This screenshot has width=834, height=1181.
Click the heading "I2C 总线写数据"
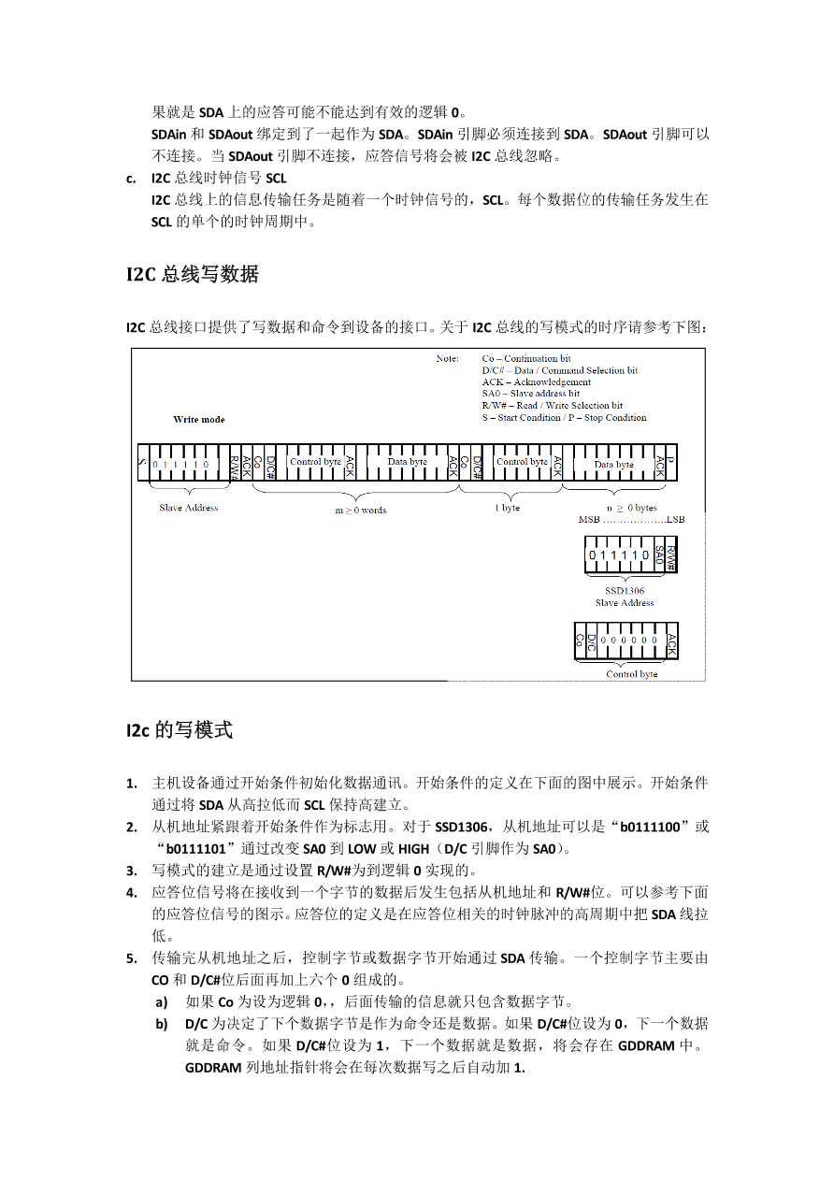(x=193, y=274)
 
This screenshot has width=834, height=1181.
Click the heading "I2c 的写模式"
(x=179, y=730)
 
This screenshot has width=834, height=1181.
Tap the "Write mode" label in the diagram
(x=199, y=419)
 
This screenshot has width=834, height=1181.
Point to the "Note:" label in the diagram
(x=447, y=359)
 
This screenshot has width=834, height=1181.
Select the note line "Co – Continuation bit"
(x=526, y=359)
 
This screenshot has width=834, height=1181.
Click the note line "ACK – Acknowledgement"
(x=537, y=382)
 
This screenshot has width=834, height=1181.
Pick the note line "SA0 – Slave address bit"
(x=531, y=394)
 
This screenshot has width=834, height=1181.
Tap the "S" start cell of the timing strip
(x=142, y=463)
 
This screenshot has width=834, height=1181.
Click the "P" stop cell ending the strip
(x=670, y=463)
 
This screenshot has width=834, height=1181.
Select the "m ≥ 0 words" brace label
(x=361, y=510)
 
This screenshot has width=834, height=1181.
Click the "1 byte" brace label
(x=507, y=508)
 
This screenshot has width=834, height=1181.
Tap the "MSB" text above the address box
(x=590, y=519)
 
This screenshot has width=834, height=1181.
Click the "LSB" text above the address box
(x=675, y=519)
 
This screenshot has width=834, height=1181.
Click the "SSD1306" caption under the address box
(x=625, y=591)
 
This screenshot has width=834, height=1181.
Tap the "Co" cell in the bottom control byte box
(x=580, y=641)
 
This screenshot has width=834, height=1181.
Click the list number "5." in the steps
(x=132, y=958)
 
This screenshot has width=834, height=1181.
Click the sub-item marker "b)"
(x=163, y=1023)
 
